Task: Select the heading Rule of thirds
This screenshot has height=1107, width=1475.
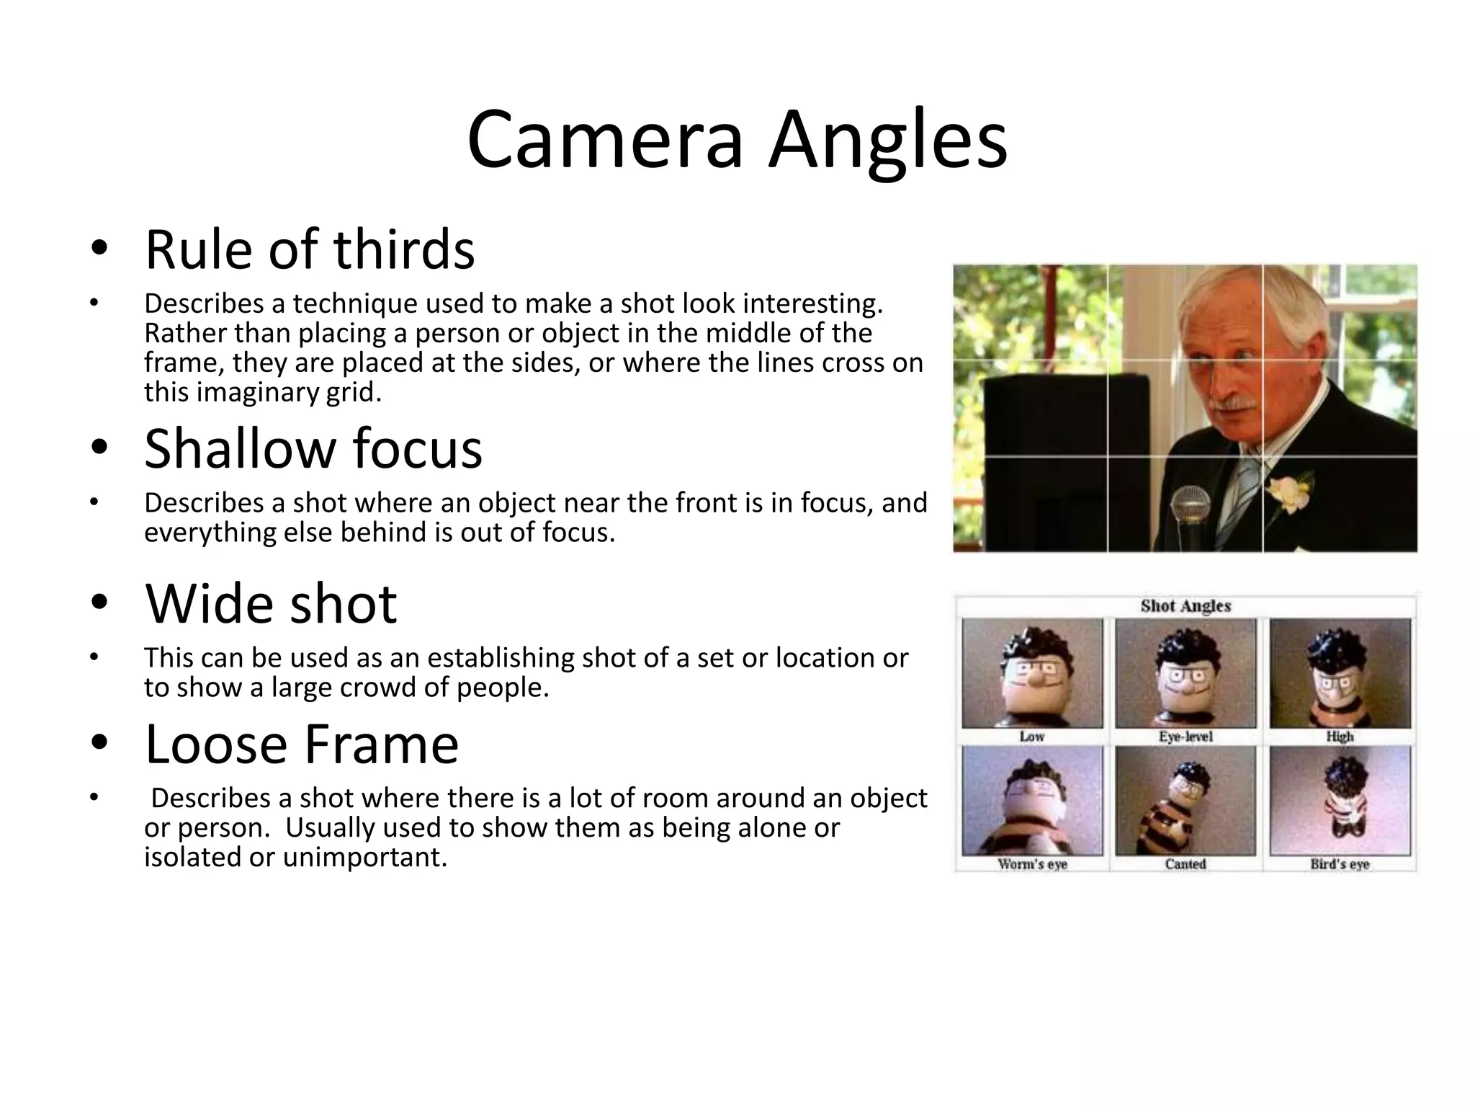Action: click(310, 249)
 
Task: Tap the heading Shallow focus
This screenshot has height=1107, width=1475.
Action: click(313, 448)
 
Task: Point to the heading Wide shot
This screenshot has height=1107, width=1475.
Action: click(271, 603)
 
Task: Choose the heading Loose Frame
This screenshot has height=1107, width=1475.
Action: click(302, 744)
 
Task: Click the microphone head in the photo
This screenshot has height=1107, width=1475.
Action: click(1190, 503)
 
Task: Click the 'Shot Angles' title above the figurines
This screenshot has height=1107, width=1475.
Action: click(1185, 606)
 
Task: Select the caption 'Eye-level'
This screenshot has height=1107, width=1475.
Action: click(1185, 737)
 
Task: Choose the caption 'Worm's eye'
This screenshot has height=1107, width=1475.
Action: click(1032, 864)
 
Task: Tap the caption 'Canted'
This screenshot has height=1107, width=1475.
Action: click(1185, 864)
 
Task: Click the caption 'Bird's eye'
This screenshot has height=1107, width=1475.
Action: click(1340, 864)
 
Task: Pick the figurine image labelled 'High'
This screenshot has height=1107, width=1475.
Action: click(1340, 673)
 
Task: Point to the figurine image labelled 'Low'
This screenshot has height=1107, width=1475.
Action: click(1032, 673)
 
